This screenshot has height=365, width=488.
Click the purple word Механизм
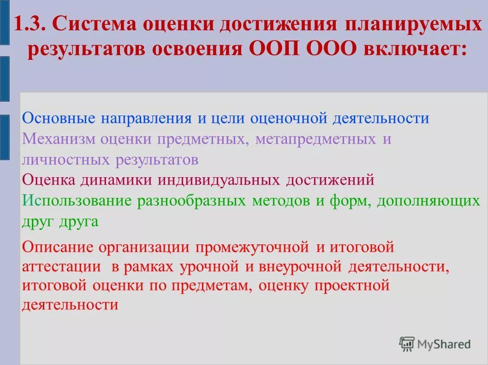pyautogui.click(x=60, y=139)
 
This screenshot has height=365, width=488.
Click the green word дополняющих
pyautogui.click(x=428, y=201)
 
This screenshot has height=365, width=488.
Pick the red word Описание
pyautogui.click(x=58, y=247)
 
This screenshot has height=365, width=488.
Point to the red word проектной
pyautogui.click(x=352, y=286)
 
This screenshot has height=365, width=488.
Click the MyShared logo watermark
pyautogui.click(x=435, y=344)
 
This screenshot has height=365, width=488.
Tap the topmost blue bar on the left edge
pyautogui.click(x=4, y=23)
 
